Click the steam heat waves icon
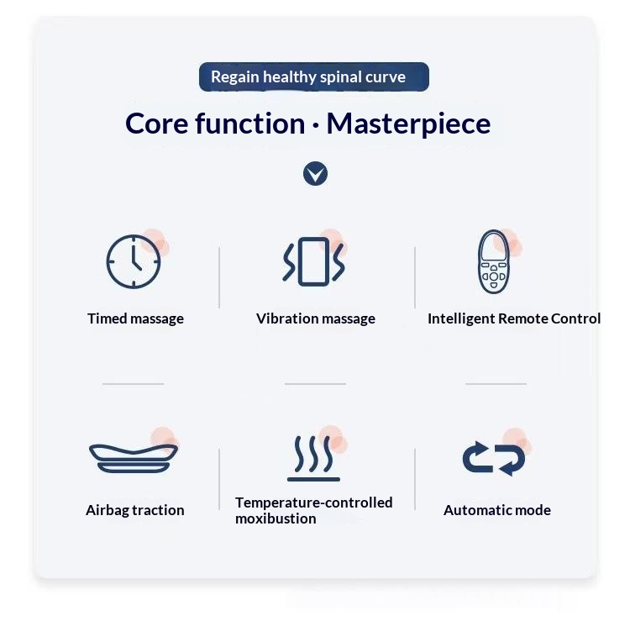[313, 478]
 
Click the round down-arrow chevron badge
[315, 174]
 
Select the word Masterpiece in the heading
[408, 124]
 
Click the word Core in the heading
[157, 124]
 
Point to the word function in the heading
[250, 123]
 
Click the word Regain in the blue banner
[235, 77]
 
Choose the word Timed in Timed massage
[108, 318]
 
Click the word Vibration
[287, 318]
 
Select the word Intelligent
[461, 319]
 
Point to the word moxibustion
[276, 519]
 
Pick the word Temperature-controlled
[314, 503]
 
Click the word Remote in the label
[522, 318]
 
